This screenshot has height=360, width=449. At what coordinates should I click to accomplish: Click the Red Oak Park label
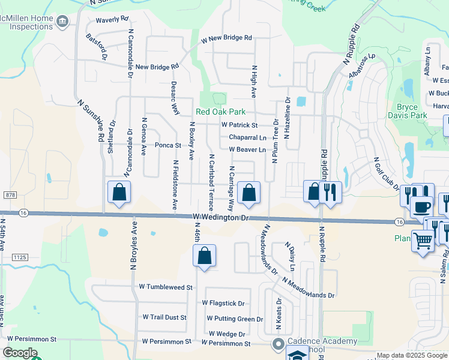[220, 112]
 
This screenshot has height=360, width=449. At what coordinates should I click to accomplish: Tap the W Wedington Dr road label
[220, 218]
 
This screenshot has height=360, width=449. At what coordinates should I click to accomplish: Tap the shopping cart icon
[423, 241]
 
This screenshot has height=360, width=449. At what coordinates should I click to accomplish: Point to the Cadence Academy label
[322, 341]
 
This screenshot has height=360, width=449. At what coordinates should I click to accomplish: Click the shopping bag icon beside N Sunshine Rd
[119, 192]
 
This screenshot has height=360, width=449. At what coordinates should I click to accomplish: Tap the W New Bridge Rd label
[226, 38]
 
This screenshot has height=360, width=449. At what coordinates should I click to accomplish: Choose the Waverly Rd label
[112, 19]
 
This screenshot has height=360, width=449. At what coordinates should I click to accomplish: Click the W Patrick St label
[239, 125]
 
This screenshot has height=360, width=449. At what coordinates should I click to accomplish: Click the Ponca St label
[168, 145]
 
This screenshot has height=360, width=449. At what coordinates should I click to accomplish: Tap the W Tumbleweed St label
[165, 287]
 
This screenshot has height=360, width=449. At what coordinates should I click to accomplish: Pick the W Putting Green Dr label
[235, 319]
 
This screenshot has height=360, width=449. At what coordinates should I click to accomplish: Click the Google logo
[20, 353]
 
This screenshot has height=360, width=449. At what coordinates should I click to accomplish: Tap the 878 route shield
[9, 195]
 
